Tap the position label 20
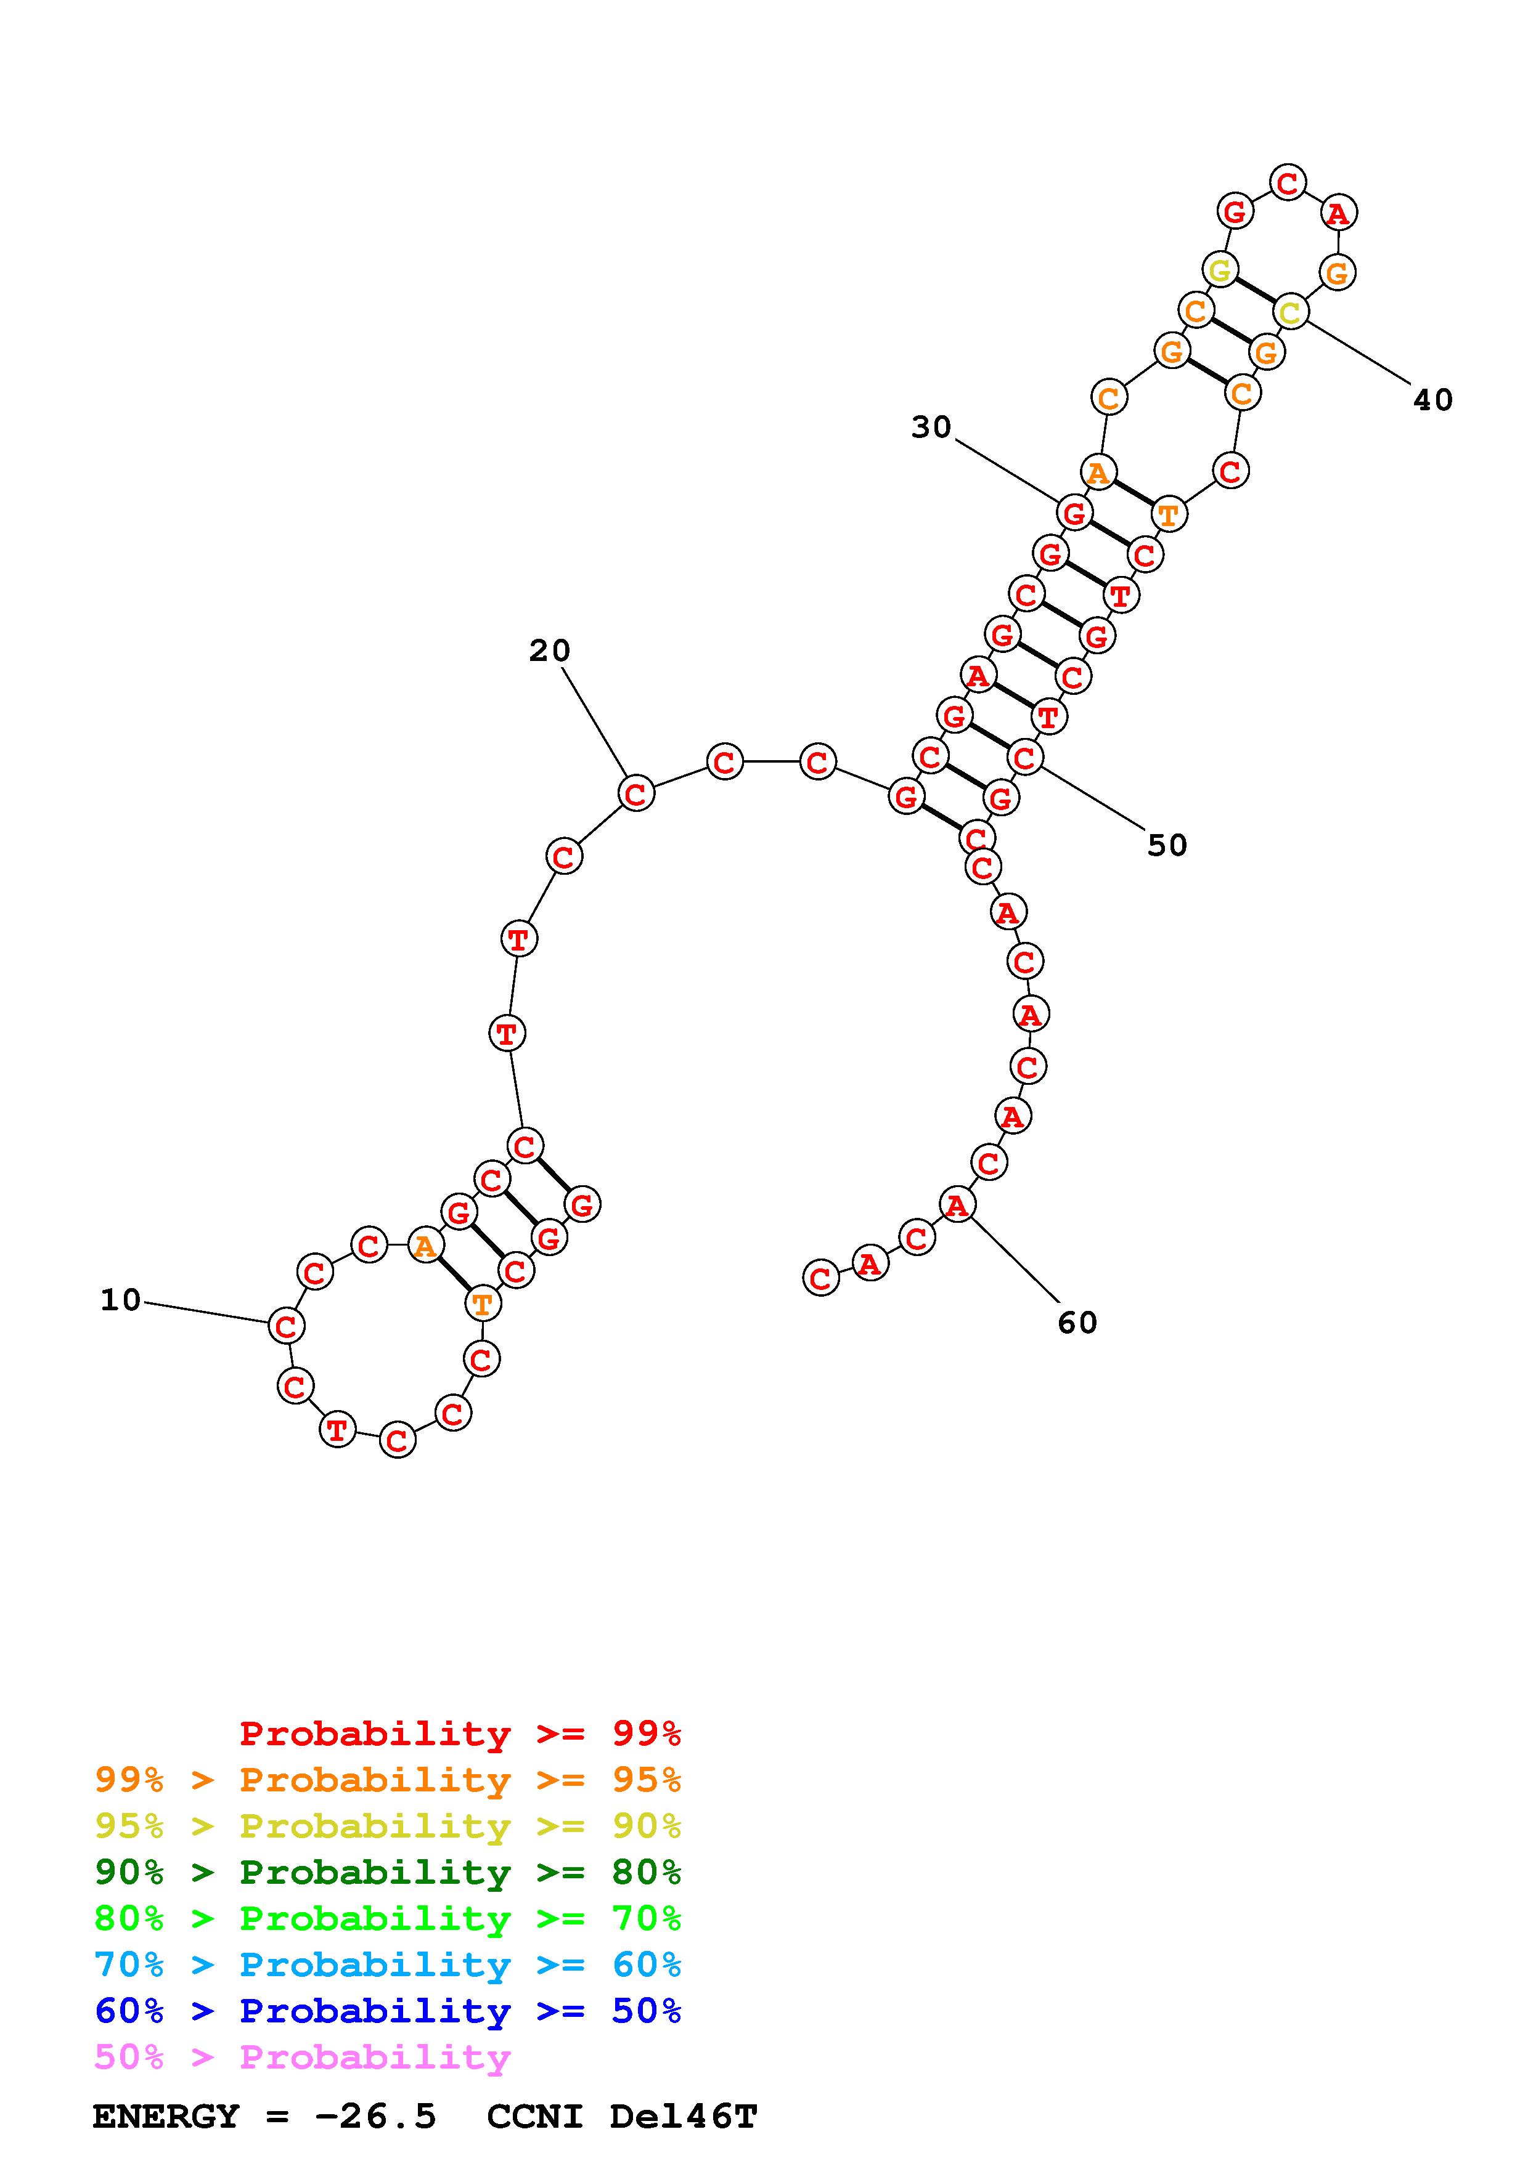click(550, 651)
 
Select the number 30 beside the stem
click(931, 428)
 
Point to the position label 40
click(1433, 400)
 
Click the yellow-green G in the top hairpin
click(1219, 271)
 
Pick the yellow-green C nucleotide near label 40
click(1290, 312)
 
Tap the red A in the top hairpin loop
click(1337, 214)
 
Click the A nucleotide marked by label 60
click(957, 1205)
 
